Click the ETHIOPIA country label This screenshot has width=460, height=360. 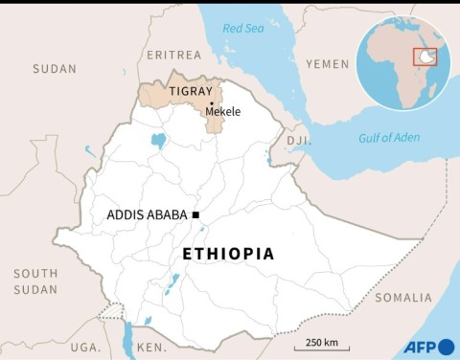coord(228,254)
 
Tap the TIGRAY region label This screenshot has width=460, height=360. coord(190,92)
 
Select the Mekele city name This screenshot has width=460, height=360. coord(223,112)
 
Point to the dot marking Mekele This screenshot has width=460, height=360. coord(211,103)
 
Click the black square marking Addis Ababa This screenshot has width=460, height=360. coord(195,214)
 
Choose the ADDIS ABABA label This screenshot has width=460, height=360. coord(149,214)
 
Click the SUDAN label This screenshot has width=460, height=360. coord(54,69)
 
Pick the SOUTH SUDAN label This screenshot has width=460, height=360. coord(35,281)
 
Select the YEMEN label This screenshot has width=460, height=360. coord(328,63)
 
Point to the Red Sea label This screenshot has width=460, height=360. coord(242,29)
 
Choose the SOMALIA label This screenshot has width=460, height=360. coord(402,298)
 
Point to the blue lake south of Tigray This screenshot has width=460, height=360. coord(158,141)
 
